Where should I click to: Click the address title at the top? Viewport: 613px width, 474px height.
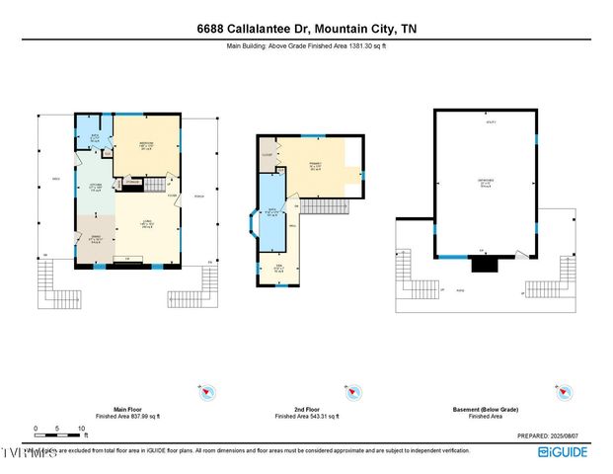306,29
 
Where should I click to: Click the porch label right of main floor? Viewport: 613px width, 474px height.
198,193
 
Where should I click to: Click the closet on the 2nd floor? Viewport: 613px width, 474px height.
268,155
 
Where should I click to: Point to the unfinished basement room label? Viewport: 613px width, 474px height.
485,182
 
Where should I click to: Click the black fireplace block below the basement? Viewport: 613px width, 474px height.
485,263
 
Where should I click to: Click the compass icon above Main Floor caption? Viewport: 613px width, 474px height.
204,392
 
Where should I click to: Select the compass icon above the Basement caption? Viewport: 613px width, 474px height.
564,392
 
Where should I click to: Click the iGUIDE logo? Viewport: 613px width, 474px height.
565,451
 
